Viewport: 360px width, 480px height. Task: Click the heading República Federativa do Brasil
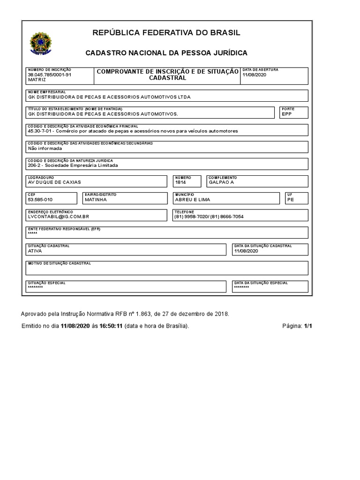[x=166, y=32]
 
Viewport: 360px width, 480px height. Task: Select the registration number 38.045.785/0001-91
[x=50, y=75]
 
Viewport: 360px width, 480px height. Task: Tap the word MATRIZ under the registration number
[x=37, y=80]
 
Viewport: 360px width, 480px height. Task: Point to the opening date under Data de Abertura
[x=254, y=75]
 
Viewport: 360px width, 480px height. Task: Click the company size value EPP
[x=286, y=114]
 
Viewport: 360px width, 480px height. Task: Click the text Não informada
[x=45, y=148]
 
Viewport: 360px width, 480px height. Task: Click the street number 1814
[x=180, y=182]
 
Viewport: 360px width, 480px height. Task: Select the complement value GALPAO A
[x=221, y=182]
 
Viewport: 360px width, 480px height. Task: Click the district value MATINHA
[x=96, y=199]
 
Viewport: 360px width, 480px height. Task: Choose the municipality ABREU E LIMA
[x=193, y=199]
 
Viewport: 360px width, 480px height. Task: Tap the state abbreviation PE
[x=290, y=199]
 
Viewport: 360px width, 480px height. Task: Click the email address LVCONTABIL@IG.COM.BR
[x=59, y=217]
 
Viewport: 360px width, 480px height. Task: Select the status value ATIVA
[x=35, y=251]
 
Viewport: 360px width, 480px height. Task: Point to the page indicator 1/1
[x=308, y=326]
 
